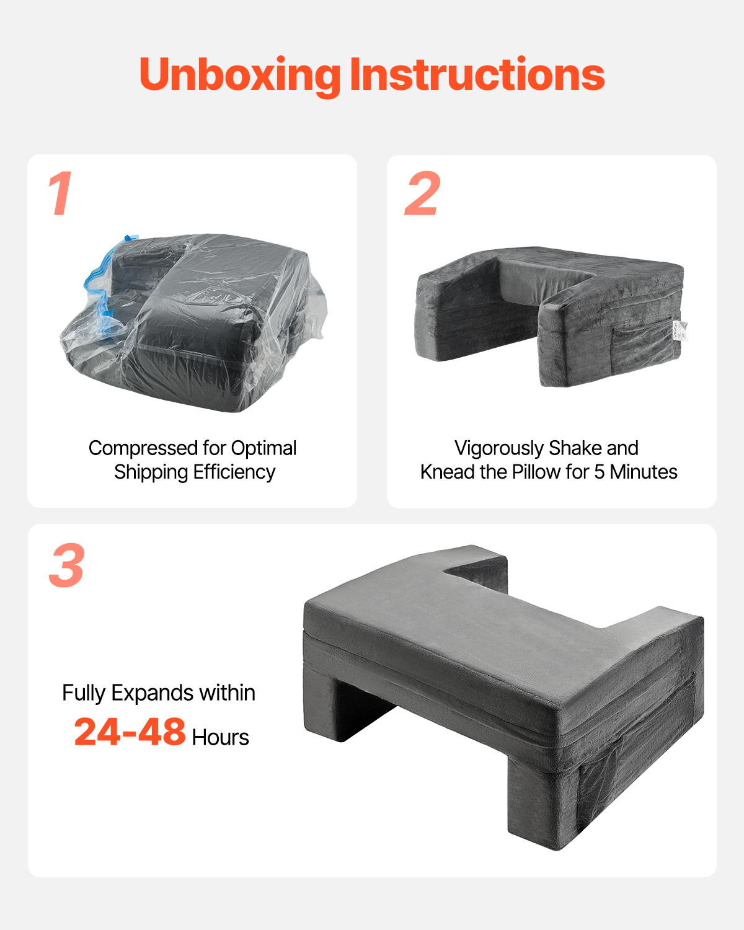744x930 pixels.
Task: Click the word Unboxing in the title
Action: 240,76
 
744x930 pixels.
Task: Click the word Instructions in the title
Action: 477,74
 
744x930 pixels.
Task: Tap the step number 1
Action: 61,193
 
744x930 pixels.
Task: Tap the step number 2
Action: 422,193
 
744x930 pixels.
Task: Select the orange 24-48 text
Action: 130,732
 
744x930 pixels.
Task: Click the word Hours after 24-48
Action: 221,737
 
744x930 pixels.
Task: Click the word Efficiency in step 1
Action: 234,472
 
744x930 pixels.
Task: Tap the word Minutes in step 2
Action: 644,472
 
